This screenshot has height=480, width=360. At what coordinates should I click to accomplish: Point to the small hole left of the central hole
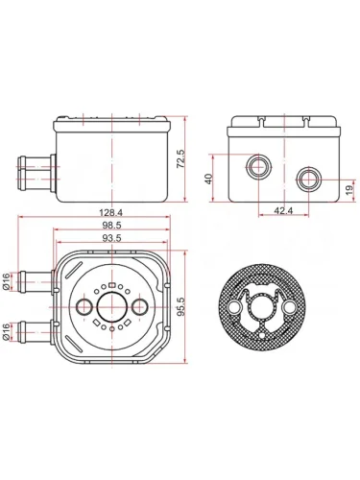point(81,306)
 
